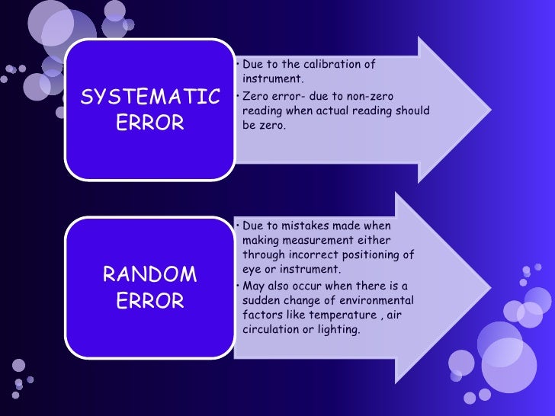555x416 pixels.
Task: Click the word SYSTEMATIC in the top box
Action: tap(150, 98)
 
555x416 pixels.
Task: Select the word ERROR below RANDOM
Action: tap(150, 301)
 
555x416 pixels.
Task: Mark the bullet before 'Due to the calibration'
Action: tap(238, 64)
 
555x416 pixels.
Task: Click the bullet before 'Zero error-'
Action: tap(238, 97)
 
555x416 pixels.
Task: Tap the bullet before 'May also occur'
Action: tap(238, 286)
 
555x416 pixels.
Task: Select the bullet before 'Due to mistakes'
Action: tap(238, 226)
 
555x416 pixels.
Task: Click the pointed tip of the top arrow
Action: tap(489, 101)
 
